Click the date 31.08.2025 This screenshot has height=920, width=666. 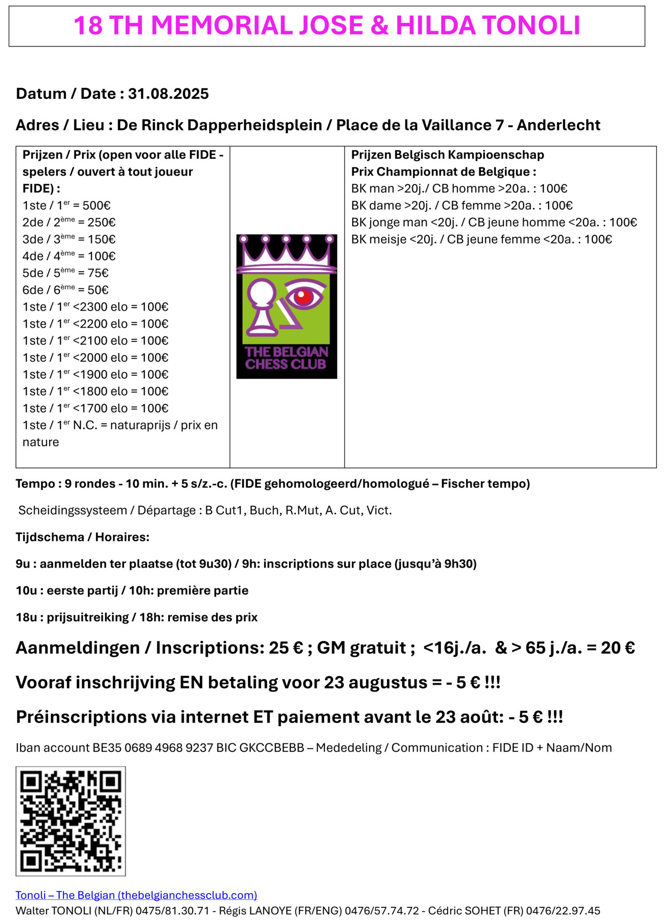coord(168,94)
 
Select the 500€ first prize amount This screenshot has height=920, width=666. coord(97,206)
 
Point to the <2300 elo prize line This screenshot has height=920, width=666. coord(95,307)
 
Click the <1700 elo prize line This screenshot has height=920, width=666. coord(95,408)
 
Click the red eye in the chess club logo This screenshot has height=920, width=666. coord(304,296)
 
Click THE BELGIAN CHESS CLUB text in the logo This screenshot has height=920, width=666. coord(286,358)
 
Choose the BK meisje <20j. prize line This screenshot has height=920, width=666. coord(481,239)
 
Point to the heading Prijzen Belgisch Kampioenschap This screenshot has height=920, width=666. coord(447,155)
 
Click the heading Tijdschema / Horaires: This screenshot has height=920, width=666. coord(83,537)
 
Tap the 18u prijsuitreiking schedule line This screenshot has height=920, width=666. coord(137,617)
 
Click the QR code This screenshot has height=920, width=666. coord(71,821)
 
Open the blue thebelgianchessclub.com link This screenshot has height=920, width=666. coord(136,895)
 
